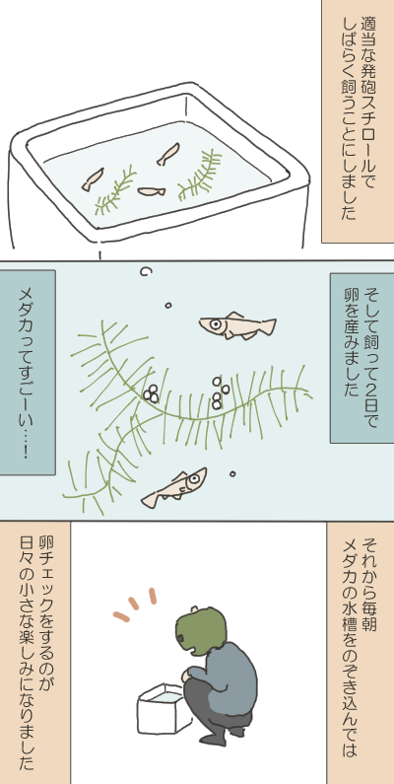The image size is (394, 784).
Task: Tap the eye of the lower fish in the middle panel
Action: click(x=194, y=480)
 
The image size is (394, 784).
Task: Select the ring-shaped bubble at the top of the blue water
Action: click(x=147, y=271)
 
